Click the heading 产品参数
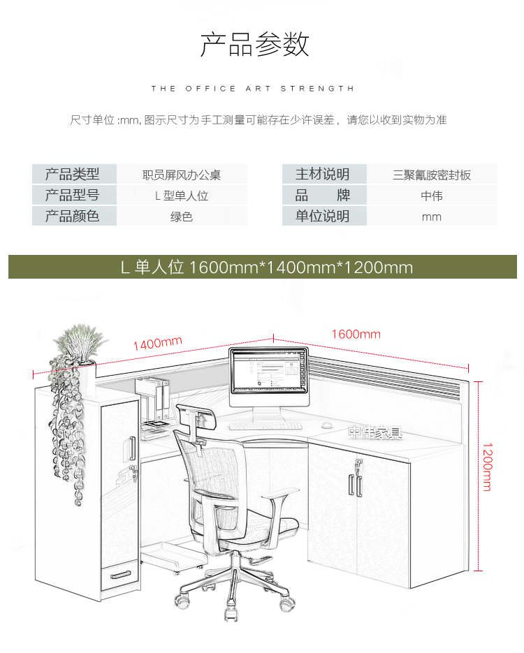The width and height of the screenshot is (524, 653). coord(255,45)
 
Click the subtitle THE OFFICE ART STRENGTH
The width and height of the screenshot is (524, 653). coord(253,89)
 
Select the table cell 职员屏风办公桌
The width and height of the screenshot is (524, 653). coord(182,175)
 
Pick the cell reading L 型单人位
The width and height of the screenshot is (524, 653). coord(182,196)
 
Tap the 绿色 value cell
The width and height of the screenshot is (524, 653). coord(182,217)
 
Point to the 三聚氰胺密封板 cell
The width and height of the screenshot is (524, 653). coord(432,175)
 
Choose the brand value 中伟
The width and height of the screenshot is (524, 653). coord(432,196)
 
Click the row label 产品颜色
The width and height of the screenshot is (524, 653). coord(73,217)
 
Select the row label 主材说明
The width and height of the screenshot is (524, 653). coord(323,175)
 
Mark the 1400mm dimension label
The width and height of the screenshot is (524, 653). coord(157,343)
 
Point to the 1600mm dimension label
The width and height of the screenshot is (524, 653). coord(356,334)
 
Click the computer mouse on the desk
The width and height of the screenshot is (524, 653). coord(326,424)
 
